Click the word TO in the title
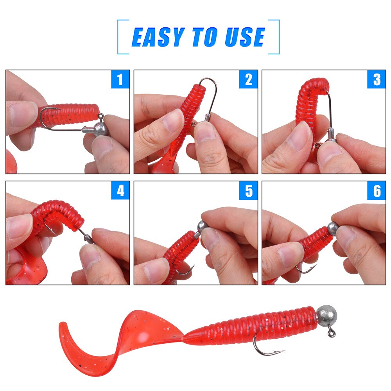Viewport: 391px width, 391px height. coord(204,38)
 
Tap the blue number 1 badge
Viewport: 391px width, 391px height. coord(120,79)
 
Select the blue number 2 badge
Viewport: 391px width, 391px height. coord(248,79)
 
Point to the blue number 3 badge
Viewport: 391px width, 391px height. coord(376,79)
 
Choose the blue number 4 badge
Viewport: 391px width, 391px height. coord(120,190)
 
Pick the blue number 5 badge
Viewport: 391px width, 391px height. coord(248,190)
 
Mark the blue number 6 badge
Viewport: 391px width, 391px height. coord(376,190)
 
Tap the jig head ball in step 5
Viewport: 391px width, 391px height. coord(202,226)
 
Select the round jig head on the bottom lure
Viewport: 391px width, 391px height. coord(326,314)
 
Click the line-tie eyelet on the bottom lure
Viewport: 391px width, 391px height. coord(332,334)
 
